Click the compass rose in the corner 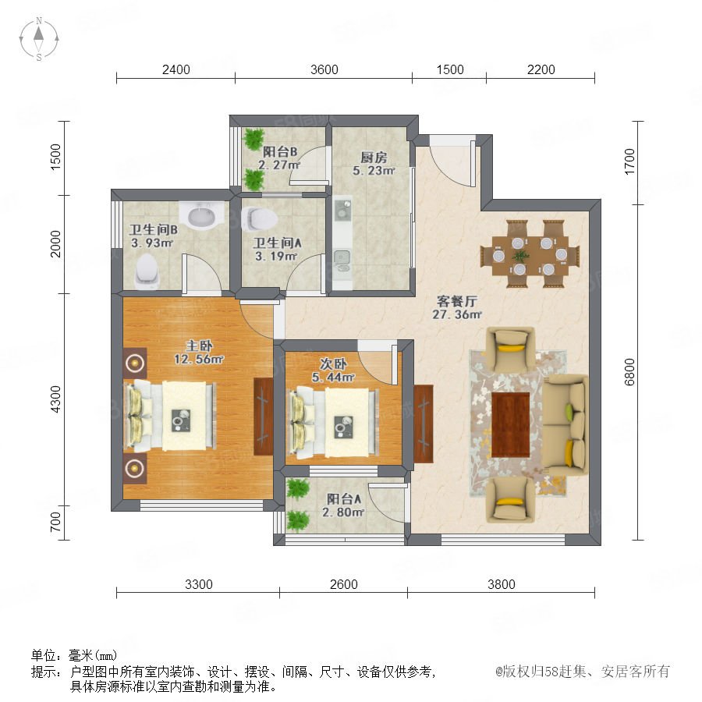39,39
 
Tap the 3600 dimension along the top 324,69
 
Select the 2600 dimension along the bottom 343,584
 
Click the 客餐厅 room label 456,301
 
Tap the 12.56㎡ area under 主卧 198,359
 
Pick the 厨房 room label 374,158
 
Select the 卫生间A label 277,243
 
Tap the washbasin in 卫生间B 202,216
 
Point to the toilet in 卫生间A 259,218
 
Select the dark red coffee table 510,425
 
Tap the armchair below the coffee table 510,499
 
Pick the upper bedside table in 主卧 135,363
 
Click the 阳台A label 344,498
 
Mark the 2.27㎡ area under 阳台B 279,165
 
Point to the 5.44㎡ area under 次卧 334,378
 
